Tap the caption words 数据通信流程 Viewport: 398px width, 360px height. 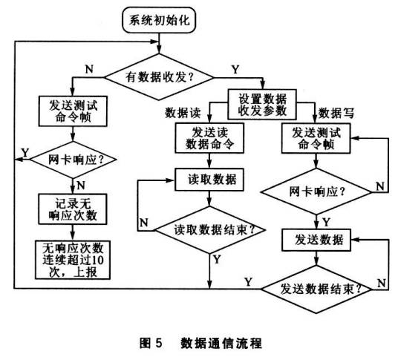[221, 343]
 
